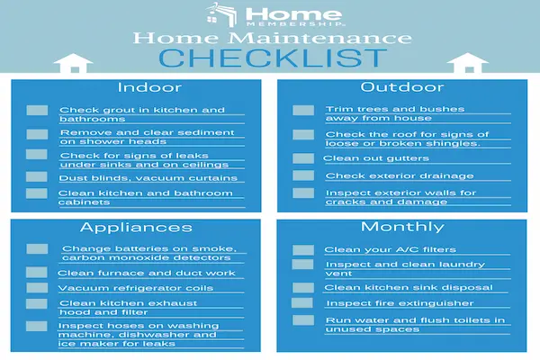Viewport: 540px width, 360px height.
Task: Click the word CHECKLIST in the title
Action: (270, 58)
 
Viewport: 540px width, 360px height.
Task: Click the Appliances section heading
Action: (136, 227)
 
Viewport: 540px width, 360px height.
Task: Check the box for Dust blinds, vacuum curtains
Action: (36, 176)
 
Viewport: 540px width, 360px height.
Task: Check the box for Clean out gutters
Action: (303, 157)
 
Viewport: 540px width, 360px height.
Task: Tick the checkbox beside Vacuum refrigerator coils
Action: (36, 288)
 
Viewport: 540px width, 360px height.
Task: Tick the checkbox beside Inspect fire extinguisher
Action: (303, 303)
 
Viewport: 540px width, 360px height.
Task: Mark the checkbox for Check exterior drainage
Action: (303, 175)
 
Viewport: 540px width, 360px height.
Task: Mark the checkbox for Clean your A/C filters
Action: (303, 250)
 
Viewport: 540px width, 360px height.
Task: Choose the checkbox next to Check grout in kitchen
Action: (36, 112)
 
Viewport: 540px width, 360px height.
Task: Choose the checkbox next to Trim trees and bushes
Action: (303, 112)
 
